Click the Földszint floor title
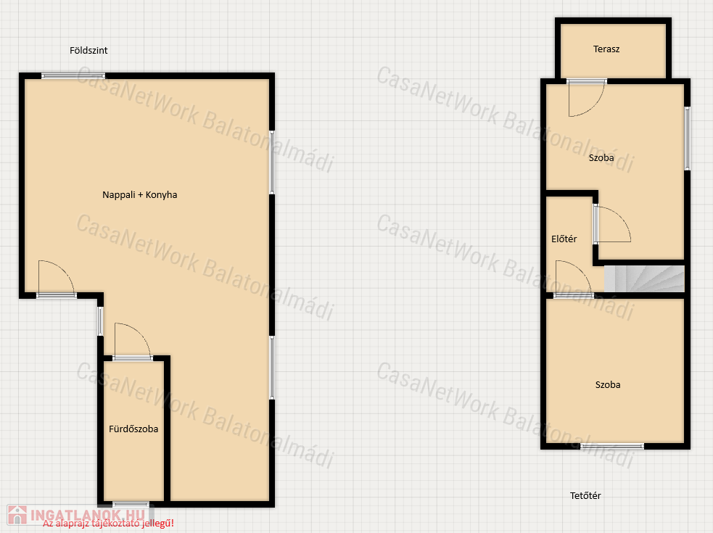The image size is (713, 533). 88,51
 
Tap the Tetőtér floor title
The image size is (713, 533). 585,496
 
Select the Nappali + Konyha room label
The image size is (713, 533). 139,194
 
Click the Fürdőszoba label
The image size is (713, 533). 133,429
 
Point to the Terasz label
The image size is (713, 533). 606,49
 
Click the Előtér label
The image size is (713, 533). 564,239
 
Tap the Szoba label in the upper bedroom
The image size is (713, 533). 601,158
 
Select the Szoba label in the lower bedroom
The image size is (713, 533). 608,385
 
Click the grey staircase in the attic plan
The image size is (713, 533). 644,278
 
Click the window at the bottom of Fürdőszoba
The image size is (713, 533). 131,504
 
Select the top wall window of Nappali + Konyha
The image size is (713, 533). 73,76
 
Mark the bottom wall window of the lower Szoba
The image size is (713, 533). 612,446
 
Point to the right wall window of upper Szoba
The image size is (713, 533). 688,139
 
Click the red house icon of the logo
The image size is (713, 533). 17,515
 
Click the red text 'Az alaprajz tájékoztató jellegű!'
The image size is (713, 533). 108,524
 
